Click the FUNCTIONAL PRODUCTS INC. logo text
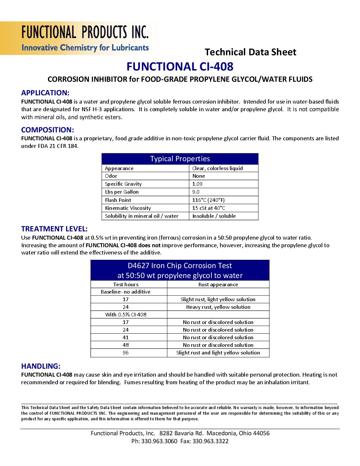click(85, 32)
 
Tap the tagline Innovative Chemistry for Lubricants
click(85, 48)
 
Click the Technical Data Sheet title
click(250, 52)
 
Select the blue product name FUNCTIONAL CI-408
click(180, 67)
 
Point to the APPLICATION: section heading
click(45, 93)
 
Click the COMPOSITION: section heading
click(48, 130)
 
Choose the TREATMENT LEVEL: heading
click(54, 229)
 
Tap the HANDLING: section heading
click(41, 366)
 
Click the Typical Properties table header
click(180, 159)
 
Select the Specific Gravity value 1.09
click(197, 184)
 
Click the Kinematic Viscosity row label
click(128, 208)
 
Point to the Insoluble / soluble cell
click(214, 216)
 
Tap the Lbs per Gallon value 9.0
click(196, 192)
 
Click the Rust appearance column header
click(218, 284)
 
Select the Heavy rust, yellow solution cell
click(218, 307)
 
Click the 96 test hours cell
click(126, 352)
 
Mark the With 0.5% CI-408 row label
click(126, 314)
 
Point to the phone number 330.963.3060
click(159, 441)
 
